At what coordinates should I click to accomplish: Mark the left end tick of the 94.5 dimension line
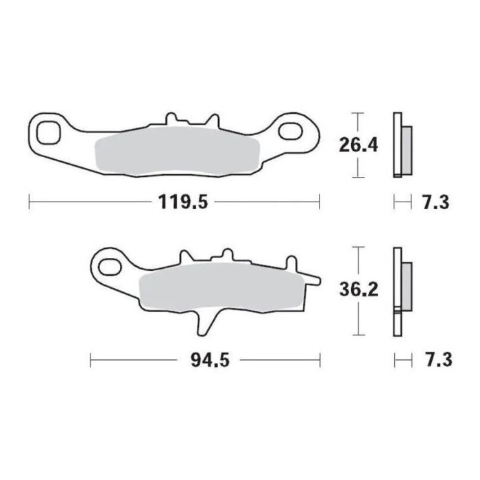91,359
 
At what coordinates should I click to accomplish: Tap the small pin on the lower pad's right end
313,278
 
